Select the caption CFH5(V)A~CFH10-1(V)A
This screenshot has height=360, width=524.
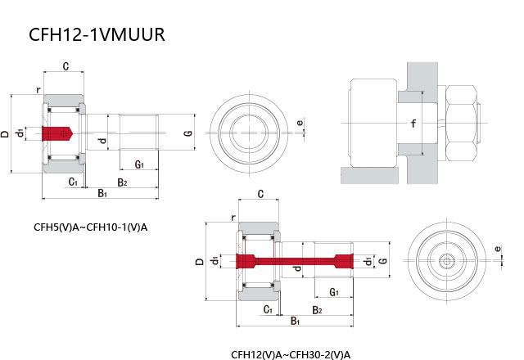pyautogui.click(x=90, y=227)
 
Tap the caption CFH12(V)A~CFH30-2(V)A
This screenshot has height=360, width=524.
pyautogui.click(x=291, y=354)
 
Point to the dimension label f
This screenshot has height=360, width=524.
pyautogui.click(x=413, y=124)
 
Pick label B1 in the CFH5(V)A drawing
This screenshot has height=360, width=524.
pyautogui.click(x=102, y=193)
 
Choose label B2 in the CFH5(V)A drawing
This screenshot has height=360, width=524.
pyautogui.click(x=122, y=182)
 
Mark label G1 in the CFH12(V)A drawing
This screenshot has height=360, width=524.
pyautogui.click(x=334, y=292)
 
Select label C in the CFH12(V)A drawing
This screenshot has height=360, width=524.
pyautogui.click(x=260, y=195)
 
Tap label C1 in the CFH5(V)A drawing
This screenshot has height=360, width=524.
pyautogui.click(x=73, y=181)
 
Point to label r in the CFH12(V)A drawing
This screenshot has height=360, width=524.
pyautogui.click(x=234, y=218)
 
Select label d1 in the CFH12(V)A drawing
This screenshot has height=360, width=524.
pyautogui.click(x=215, y=261)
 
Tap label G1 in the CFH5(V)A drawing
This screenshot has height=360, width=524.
pyautogui.click(x=139, y=164)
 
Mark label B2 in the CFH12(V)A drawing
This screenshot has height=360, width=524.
pyautogui.click(x=318, y=310)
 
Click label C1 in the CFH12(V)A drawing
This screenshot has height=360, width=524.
pyautogui.click(x=268, y=309)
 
